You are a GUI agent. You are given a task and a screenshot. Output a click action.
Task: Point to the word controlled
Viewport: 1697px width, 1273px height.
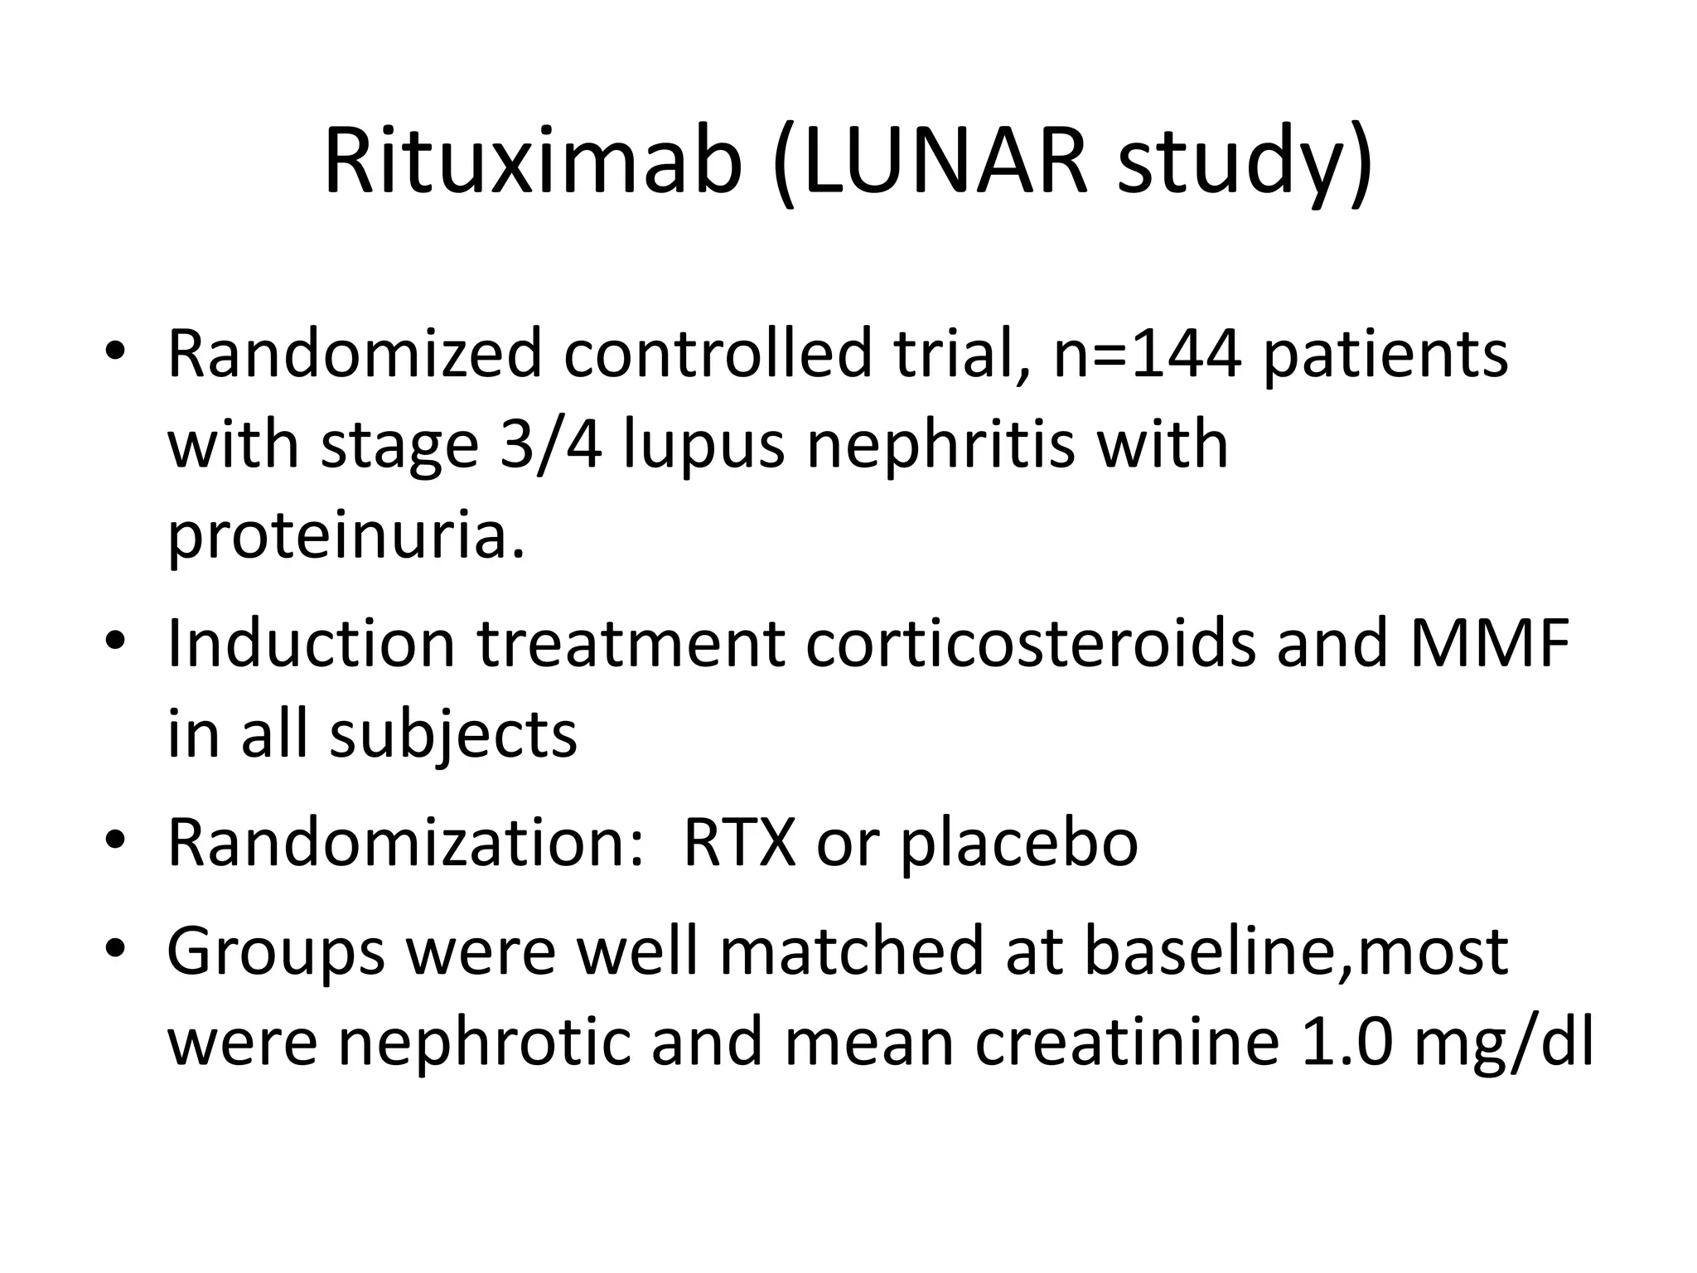point(718,355)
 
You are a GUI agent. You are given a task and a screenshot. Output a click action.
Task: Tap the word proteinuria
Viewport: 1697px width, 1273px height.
point(346,537)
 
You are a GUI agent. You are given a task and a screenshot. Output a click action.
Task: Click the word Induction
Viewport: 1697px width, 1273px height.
point(311,644)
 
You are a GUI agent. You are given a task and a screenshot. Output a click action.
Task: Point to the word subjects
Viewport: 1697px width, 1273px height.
point(453,735)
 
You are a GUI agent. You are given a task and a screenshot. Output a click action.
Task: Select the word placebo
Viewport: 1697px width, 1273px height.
point(1019,843)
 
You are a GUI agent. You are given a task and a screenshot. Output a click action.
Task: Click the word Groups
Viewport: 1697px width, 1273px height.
point(276,951)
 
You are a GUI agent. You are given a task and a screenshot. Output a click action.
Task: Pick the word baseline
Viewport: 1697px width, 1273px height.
point(1210,951)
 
